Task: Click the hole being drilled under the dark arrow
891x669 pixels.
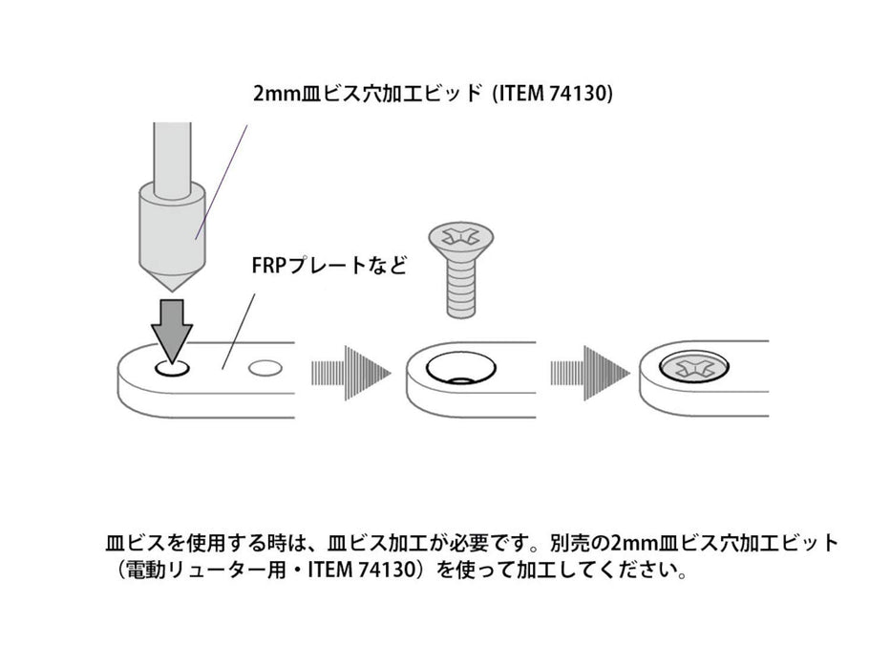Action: (x=172, y=368)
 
